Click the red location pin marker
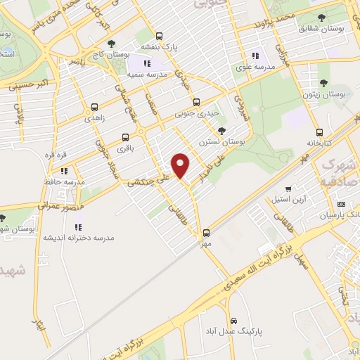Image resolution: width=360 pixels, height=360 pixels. point(181,165)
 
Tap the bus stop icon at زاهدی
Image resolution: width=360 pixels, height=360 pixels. point(94,108)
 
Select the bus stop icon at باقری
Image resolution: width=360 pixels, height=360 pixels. point(125,137)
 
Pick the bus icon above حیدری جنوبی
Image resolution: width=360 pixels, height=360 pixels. point(196,101)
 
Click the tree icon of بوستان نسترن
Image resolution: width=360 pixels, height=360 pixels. point(222,130)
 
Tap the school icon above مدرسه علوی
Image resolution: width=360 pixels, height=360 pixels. point(255,56)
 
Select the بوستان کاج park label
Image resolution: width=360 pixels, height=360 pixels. point(124,53)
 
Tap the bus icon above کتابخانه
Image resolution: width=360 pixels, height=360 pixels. point(319,131)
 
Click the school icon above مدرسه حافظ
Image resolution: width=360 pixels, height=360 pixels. point(64,171)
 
